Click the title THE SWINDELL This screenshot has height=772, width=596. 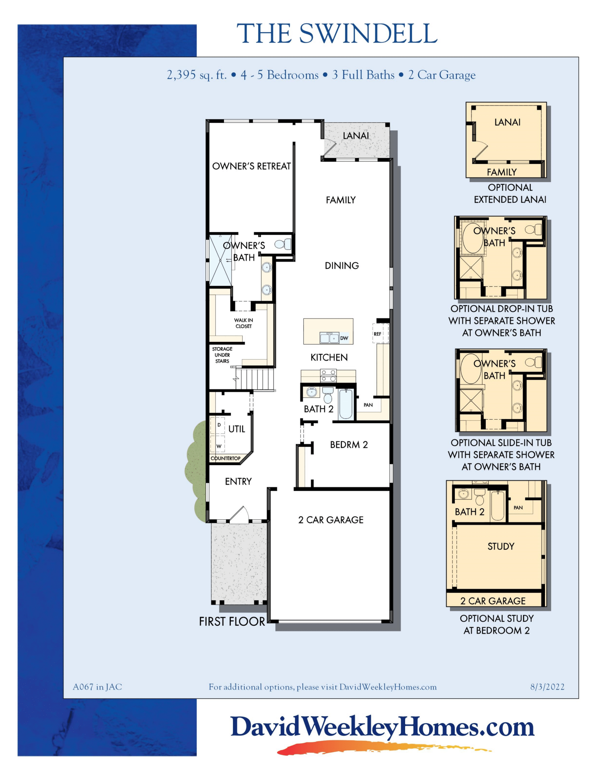click(x=337, y=34)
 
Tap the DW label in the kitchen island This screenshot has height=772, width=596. click(x=344, y=338)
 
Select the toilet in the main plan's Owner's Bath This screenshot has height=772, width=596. click(x=283, y=244)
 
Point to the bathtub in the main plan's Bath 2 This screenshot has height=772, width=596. click(x=346, y=404)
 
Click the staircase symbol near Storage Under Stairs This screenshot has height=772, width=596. click(x=256, y=379)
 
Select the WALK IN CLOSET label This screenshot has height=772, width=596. click(x=244, y=323)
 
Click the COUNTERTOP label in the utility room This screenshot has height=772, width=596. click(x=225, y=458)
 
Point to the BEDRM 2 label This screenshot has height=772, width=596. click(x=349, y=445)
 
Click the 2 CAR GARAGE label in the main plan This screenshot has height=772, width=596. click(x=331, y=520)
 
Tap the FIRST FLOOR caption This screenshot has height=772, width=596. click(x=232, y=622)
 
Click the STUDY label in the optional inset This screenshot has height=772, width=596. click(x=500, y=546)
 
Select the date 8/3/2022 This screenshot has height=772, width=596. click(x=547, y=687)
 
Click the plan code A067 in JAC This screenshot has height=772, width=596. click(x=97, y=687)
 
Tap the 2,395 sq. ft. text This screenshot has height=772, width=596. click(x=197, y=75)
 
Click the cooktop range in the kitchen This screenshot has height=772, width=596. click(x=328, y=375)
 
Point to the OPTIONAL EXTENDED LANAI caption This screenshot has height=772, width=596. click(x=510, y=193)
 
